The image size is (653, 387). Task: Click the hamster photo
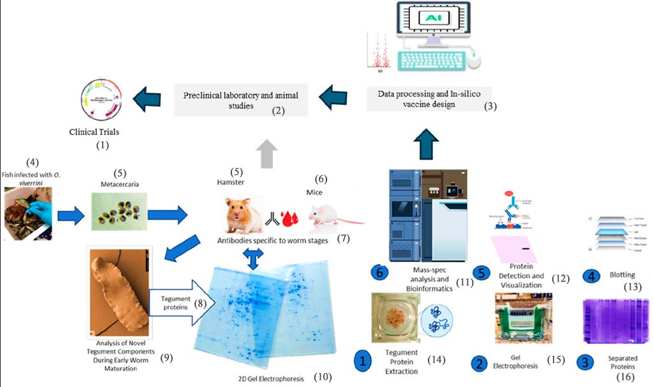(x=240, y=215)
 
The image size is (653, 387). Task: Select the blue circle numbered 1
(x=363, y=362)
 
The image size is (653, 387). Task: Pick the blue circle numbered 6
(x=381, y=273)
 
